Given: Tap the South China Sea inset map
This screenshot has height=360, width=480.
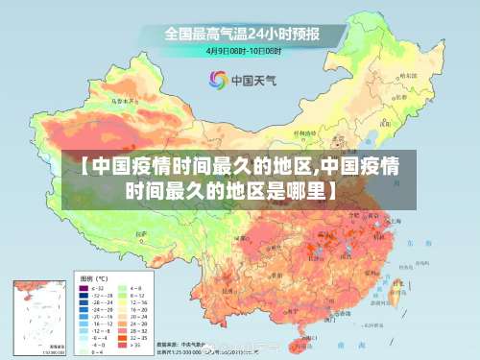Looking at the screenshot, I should pos(37,316).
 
